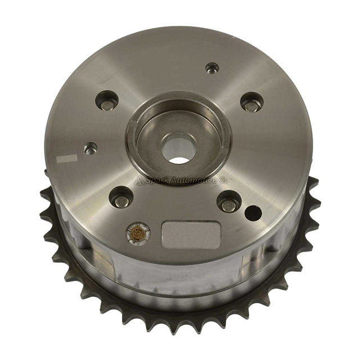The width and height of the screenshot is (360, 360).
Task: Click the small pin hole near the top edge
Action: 212,68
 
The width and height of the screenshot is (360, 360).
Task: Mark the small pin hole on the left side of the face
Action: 91,148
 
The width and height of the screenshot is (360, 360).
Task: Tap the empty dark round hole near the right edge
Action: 253,213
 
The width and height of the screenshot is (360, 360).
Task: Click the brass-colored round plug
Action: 137,233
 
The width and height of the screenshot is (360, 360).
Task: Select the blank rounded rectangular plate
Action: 191,235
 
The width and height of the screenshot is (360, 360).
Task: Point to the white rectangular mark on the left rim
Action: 66,159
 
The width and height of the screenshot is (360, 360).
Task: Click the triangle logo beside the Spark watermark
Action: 140,181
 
